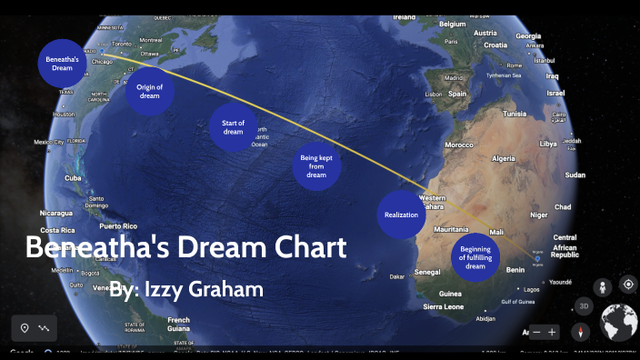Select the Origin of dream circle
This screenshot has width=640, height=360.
pos(149,91)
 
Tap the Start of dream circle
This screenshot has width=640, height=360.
pos(234,127)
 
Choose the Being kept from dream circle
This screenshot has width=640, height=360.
pos(315,166)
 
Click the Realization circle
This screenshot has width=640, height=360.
pos(401,215)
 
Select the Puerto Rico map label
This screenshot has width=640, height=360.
pos(117,225)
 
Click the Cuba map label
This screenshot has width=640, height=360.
pos(72,178)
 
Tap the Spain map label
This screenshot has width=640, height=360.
pos(456,93)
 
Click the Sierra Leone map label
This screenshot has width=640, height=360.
pos(445,307)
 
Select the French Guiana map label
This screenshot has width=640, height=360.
pos(178,324)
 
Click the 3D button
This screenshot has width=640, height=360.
pos(585,307)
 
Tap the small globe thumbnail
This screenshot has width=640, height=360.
pos(619,323)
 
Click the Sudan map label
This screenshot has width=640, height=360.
pos(575,175)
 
